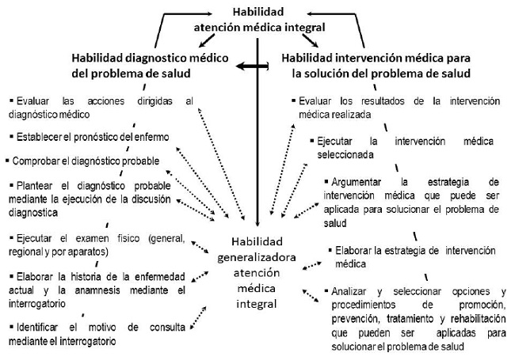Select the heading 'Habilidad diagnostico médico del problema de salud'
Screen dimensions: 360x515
tap(137, 66)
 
